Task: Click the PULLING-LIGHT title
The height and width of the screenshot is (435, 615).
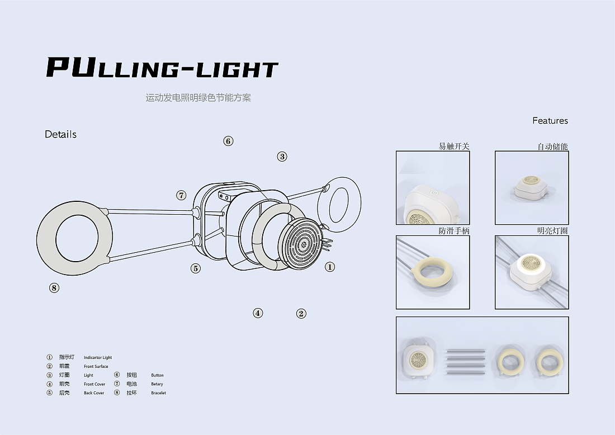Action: pyautogui.click(x=162, y=68)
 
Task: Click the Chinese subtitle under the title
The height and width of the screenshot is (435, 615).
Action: pyautogui.click(x=198, y=98)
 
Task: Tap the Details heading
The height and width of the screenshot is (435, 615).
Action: pyautogui.click(x=60, y=134)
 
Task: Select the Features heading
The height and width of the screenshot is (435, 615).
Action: pyautogui.click(x=550, y=121)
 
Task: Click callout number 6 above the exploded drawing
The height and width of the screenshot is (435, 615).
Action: pyautogui.click(x=228, y=141)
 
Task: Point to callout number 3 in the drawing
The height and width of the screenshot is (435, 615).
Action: pyautogui.click(x=282, y=157)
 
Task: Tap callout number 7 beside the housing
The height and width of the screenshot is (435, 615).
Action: pyautogui.click(x=181, y=195)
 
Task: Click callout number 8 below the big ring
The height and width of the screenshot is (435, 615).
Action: pyautogui.click(x=54, y=288)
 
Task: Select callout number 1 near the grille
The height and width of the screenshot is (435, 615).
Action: pyautogui.click(x=330, y=267)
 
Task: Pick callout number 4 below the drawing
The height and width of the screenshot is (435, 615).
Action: pyautogui.click(x=258, y=313)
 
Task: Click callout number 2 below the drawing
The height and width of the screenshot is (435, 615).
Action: pyautogui.click(x=301, y=314)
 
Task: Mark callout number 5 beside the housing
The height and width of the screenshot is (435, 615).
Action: pyautogui.click(x=195, y=268)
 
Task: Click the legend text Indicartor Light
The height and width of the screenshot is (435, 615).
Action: pyautogui.click(x=98, y=358)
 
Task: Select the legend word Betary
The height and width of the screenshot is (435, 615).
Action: pyautogui.click(x=157, y=384)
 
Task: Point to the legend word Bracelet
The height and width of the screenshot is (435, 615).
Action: pyautogui.click(x=158, y=393)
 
